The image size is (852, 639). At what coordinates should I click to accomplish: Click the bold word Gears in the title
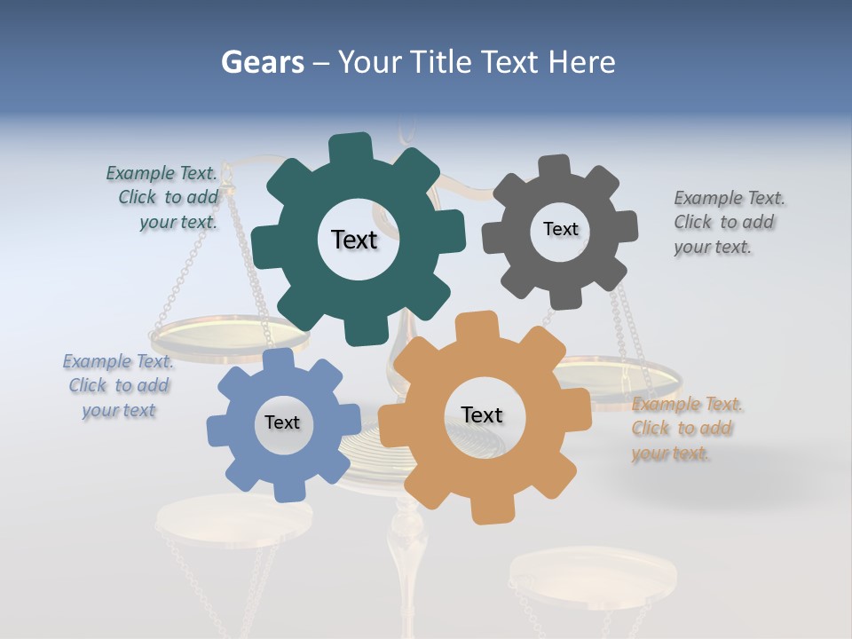point(262,62)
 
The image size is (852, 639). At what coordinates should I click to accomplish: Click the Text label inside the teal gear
point(354,240)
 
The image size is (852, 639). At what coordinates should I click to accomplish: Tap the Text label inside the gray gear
point(560,229)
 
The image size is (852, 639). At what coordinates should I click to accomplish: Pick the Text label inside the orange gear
point(482,415)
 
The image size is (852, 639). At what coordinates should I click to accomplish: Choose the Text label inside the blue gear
point(282,423)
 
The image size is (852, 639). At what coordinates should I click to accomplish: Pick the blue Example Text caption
point(119,385)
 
